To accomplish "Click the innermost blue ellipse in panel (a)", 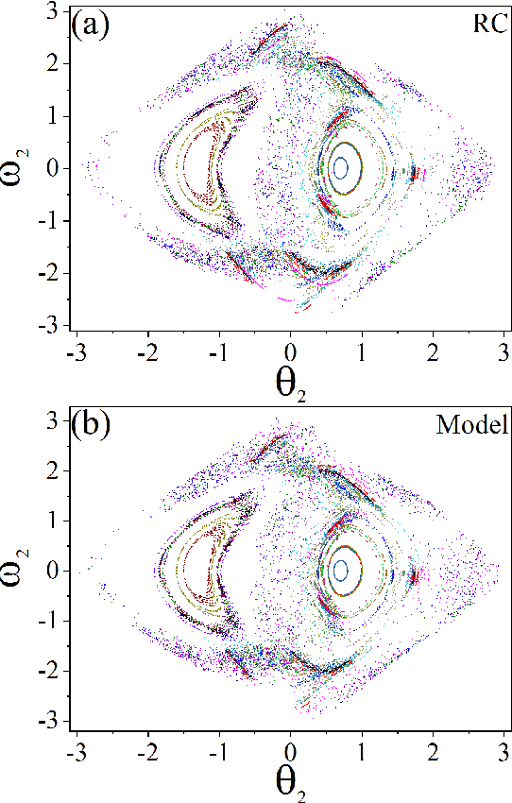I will (x=341, y=167).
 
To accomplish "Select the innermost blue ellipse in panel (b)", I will (x=341, y=570).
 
